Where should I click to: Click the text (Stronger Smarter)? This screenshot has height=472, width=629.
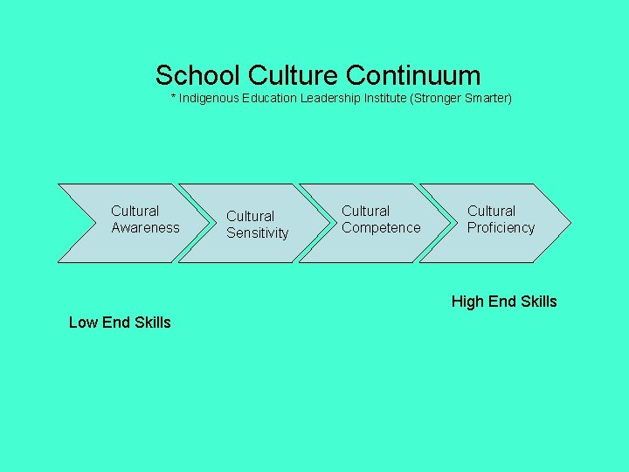[461, 98]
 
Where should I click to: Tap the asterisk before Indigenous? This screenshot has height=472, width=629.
[173, 96]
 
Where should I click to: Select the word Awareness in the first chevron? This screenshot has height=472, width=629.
[145, 227]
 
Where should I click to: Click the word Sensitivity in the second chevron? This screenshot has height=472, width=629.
[257, 233]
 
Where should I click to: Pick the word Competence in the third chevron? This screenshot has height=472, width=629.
[381, 227]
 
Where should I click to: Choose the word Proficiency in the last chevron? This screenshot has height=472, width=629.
[501, 227]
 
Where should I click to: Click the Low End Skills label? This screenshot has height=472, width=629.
[120, 322]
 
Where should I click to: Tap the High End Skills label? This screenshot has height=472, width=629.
[504, 302]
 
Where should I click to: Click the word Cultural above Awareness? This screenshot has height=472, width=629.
[135, 211]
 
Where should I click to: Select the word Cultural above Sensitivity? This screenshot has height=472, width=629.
[250, 216]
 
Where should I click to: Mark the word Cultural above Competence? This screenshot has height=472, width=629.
[365, 211]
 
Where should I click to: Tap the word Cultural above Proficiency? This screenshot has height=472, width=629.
[491, 211]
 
